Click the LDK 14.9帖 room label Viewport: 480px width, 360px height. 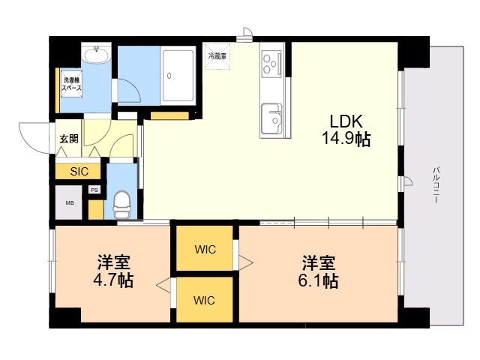point(346,130)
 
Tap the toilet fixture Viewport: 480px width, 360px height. point(122,205)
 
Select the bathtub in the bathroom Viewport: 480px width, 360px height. point(178,76)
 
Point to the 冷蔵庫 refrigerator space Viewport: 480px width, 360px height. point(217,56)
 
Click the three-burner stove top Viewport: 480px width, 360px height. point(271,64)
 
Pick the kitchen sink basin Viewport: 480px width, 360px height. point(271,118)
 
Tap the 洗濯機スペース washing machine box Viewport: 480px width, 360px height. point(72,84)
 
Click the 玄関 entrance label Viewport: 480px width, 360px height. point(68,139)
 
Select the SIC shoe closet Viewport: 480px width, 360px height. point(78,172)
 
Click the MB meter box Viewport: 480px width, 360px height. point(69,202)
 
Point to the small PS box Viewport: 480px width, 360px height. point(94,190)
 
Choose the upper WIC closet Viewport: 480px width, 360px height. point(205,248)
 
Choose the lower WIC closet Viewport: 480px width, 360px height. point(205,300)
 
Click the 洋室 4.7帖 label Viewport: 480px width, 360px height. point(113,271)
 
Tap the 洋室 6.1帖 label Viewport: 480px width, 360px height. point(318,271)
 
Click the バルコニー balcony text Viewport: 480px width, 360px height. point(436,185)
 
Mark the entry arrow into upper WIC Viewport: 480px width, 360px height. point(246,262)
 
